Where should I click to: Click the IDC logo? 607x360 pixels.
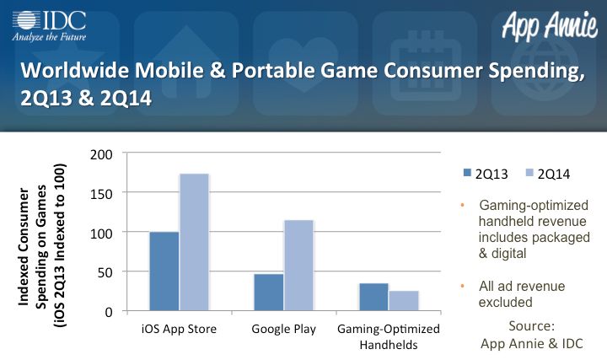(x=49, y=26)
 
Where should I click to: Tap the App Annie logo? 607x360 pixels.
(x=550, y=25)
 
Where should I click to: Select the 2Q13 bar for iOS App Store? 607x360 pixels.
(x=164, y=271)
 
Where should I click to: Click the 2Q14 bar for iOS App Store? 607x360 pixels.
(x=194, y=242)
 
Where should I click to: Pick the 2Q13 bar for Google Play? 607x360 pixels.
(x=269, y=293)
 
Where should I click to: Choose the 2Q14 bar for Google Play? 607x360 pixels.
(x=298, y=266)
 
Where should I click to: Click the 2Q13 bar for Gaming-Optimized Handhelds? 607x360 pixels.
(x=373, y=297)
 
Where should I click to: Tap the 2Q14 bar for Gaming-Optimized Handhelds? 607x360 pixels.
(x=404, y=301)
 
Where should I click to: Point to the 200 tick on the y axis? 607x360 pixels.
(x=101, y=155)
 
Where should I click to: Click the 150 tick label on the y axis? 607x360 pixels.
(x=101, y=194)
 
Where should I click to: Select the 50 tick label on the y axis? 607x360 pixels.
(x=105, y=273)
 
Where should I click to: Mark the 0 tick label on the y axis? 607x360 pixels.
(x=109, y=312)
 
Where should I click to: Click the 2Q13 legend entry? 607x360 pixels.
(x=486, y=175)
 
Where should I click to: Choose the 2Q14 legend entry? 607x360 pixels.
(x=548, y=175)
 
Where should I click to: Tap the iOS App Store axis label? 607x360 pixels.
(x=179, y=329)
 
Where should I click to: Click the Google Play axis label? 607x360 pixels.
(x=284, y=329)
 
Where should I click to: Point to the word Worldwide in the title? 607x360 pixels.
(x=74, y=70)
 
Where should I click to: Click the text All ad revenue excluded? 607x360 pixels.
(x=522, y=294)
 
